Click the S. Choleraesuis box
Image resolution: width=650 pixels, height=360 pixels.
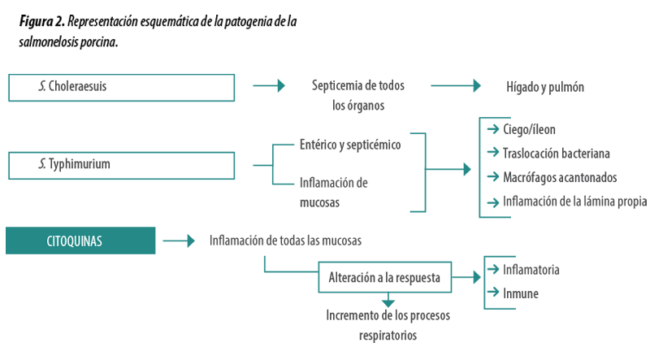tap(121, 88)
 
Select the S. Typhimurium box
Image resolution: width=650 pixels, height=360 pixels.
tap(121, 166)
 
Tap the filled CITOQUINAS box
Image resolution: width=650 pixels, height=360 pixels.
tap(80, 241)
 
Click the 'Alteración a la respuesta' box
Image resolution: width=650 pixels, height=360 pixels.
tap(384, 277)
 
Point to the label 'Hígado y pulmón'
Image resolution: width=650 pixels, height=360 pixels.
tap(545, 87)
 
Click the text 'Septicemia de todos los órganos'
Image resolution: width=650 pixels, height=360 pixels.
tap(358, 95)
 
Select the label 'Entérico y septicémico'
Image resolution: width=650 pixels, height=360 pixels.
tap(350, 145)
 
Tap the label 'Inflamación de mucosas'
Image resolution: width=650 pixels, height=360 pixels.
tap(334, 193)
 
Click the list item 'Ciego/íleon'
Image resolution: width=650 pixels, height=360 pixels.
tap(529, 129)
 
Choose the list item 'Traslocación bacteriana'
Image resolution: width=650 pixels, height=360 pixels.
tap(557, 154)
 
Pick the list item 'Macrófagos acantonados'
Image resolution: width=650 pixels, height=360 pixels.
tap(560, 177)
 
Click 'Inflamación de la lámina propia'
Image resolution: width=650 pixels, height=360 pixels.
tap(575, 202)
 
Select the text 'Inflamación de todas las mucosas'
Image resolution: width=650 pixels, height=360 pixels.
tap(285, 241)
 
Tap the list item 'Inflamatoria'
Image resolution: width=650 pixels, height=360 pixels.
tap(531, 270)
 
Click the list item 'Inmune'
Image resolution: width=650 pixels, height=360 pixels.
tap(521, 293)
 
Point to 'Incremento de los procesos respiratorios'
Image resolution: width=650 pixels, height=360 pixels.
tap(388, 325)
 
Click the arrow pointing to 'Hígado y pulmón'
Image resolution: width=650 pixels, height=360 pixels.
tap(456, 86)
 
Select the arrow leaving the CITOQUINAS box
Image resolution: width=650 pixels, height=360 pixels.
tap(179, 241)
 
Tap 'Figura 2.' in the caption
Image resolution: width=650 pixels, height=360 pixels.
tap(42, 21)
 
